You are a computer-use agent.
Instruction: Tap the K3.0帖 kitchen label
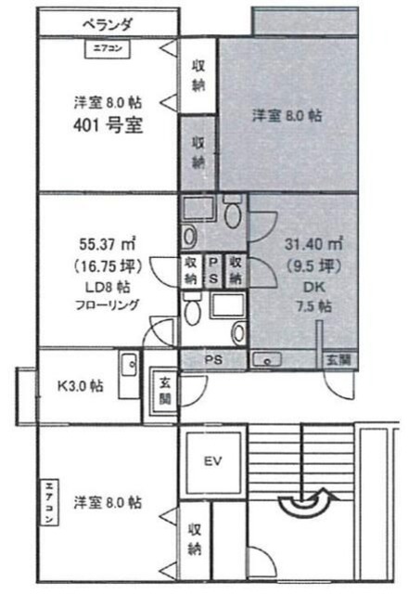81,387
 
